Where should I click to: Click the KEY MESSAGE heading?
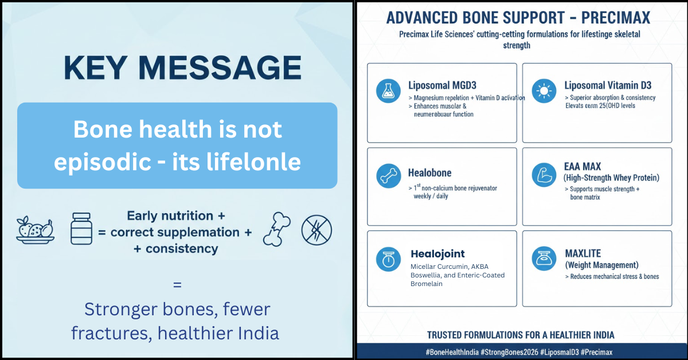(x=183, y=68)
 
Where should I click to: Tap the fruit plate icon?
(x=36, y=230)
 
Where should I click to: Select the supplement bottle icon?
(x=81, y=229)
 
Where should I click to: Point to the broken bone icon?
(x=277, y=229)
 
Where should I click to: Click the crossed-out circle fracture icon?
(x=316, y=230)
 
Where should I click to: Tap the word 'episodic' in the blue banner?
(x=102, y=162)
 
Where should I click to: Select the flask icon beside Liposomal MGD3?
(x=388, y=91)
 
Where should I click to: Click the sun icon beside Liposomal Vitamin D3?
(x=544, y=91)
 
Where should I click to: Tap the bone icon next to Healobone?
(x=389, y=175)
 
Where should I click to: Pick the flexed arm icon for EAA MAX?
(x=544, y=175)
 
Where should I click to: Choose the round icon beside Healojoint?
(x=388, y=259)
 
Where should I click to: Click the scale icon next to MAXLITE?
(x=544, y=259)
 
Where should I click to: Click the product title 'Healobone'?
(x=429, y=173)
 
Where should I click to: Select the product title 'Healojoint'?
(x=437, y=254)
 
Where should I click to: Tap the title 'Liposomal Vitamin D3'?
(x=608, y=85)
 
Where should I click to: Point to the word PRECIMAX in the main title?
(x=616, y=18)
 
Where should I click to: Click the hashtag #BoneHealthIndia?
(x=452, y=352)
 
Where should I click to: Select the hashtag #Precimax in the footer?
(x=596, y=352)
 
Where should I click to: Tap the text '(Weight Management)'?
(x=601, y=265)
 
